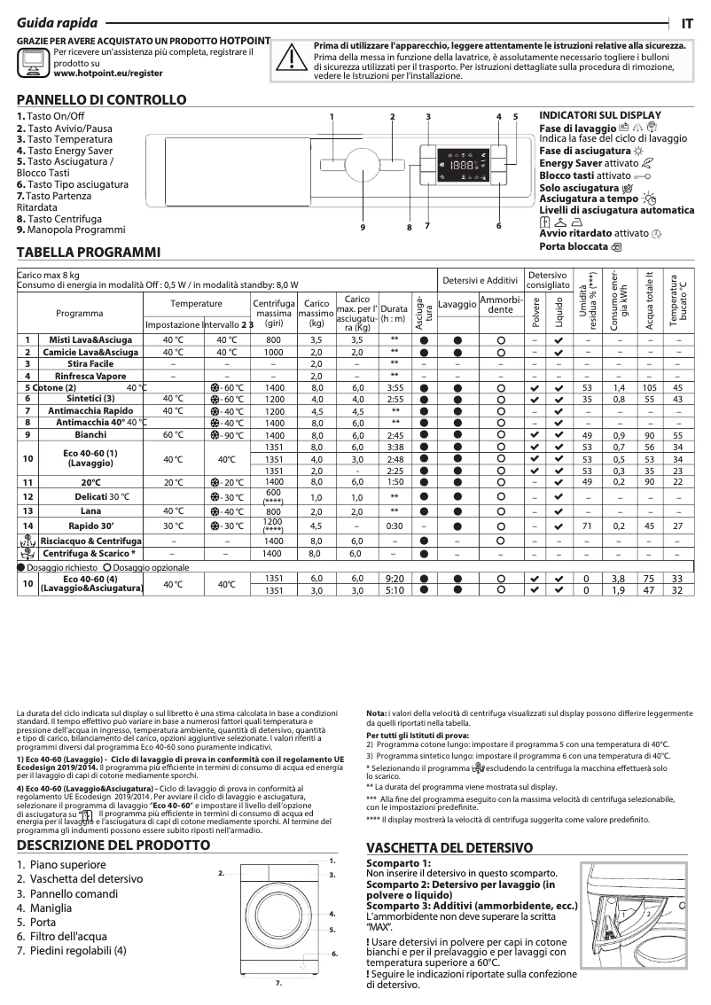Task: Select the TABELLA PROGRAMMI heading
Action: (x=88, y=253)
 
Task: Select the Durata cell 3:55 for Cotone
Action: (x=395, y=388)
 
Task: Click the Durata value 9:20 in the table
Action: (x=395, y=578)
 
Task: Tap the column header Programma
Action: (x=80, y=313)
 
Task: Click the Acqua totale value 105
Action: (x=649, y=388)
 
